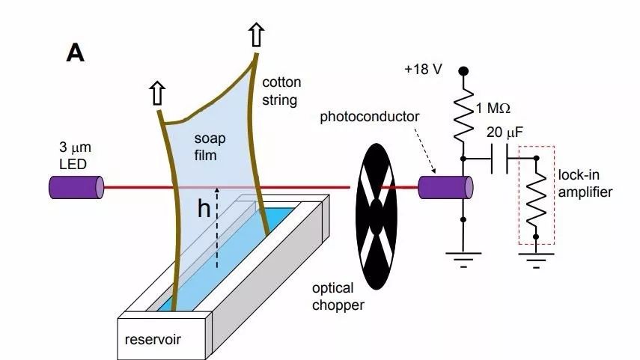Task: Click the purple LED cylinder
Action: [x=76, y=187]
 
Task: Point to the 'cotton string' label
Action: [x=280, y=91]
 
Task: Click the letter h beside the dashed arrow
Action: [x=204, y=210]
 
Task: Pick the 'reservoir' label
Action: [x=153, y=340]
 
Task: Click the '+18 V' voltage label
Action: [x=423, y=69]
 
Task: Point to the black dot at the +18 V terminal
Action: [x=463, y=70]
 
